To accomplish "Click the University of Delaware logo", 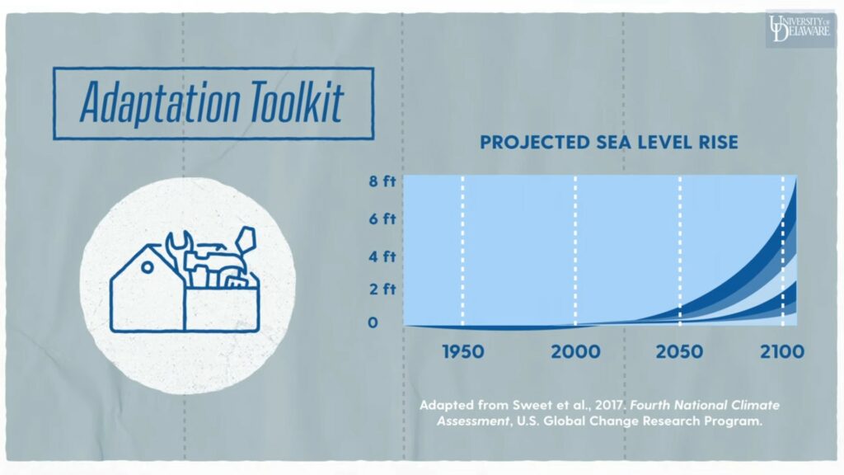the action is point(799,28).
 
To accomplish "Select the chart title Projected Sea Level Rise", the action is point(609,142).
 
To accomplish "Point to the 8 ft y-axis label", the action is point(382,181).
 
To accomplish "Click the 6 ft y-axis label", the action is point(382,219).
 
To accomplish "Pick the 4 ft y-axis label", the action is point(382,256).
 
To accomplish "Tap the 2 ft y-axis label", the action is point(382,289).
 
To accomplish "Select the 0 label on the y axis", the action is point(373,322).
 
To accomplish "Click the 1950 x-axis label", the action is point(463,351).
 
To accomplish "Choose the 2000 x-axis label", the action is point(575,351).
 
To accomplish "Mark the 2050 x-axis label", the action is point(679,351).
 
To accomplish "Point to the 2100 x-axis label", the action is point(782,351).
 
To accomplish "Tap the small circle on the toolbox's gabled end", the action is point(147,266).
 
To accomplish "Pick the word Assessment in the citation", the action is point(472,421).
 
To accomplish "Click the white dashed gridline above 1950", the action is point(462,251).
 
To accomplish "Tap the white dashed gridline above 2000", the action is point(574,251).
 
